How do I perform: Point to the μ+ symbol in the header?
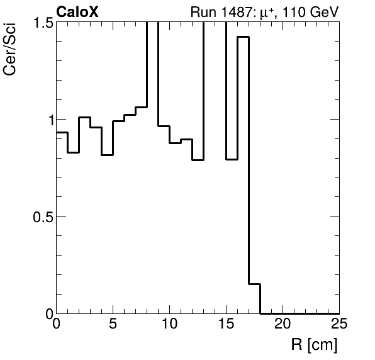click(264, 11)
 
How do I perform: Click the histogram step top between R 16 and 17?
click(243, 37)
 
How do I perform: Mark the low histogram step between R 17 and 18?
click(254, 284)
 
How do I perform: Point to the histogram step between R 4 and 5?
click(107, 155)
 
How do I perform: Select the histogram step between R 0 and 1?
click(62, 132)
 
